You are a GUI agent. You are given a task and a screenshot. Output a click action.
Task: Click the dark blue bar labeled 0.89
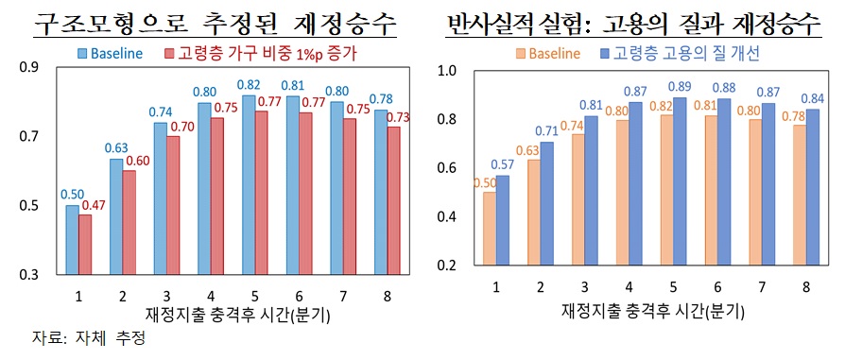[680, 181]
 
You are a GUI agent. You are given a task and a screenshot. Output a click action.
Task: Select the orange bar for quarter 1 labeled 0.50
[489, 230]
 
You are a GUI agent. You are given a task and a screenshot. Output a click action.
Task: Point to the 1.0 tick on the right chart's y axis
[447, 71]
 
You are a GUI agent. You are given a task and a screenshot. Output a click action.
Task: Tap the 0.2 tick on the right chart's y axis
[447, 266]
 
